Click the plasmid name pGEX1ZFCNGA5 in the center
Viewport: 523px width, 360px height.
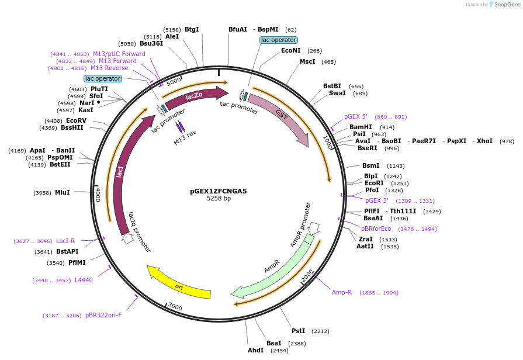[x=219, y=191]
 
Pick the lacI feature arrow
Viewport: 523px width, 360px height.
[x=122, y=175]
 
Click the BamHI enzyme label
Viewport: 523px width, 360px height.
[x=360, y=127]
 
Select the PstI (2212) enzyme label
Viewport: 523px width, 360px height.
[x=298, y=331]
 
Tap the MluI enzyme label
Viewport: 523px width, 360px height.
[x=62, y=192]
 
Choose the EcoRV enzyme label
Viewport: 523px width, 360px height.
[x=76, y=120]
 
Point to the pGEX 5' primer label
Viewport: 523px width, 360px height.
[x=355, y=116]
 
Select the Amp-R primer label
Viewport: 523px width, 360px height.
[x=342, y=292]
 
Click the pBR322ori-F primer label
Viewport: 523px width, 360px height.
[x=103, y=315]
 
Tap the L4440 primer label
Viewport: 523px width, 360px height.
[x=84, y=280]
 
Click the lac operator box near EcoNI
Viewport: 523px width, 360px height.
[x=279, y=40]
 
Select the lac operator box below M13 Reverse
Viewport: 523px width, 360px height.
[x=103, y=78]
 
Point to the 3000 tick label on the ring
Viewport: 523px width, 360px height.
[x=175, y=307]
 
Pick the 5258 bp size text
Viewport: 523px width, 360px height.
[x=219, y=199]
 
